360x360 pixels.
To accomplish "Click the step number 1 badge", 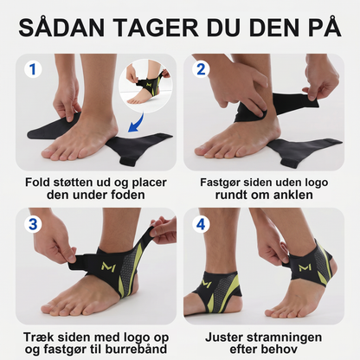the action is pyautogui.click(x=33, y=69).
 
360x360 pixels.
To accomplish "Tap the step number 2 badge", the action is pyautogui.click(x=201, y=69).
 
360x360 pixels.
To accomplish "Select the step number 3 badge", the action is pyautogui.click(x=33, y=224).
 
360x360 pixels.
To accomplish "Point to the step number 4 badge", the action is pyautogui.click(x=201, y=224).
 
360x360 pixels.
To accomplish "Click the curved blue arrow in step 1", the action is pyautogui.click(x=137, y=124).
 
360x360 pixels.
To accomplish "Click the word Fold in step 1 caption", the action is pyautogui.click(x=36, y=183).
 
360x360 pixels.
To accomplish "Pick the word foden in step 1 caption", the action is pyautogui.click(x=128, y=195).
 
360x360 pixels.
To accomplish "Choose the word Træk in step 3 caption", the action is pyautogui.click(x=36, y=337).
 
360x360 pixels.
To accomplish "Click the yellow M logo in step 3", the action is pyautogui.click(x=108, y=267).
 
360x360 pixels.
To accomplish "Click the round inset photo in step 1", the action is pyautogui.click(x=145, y=86).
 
